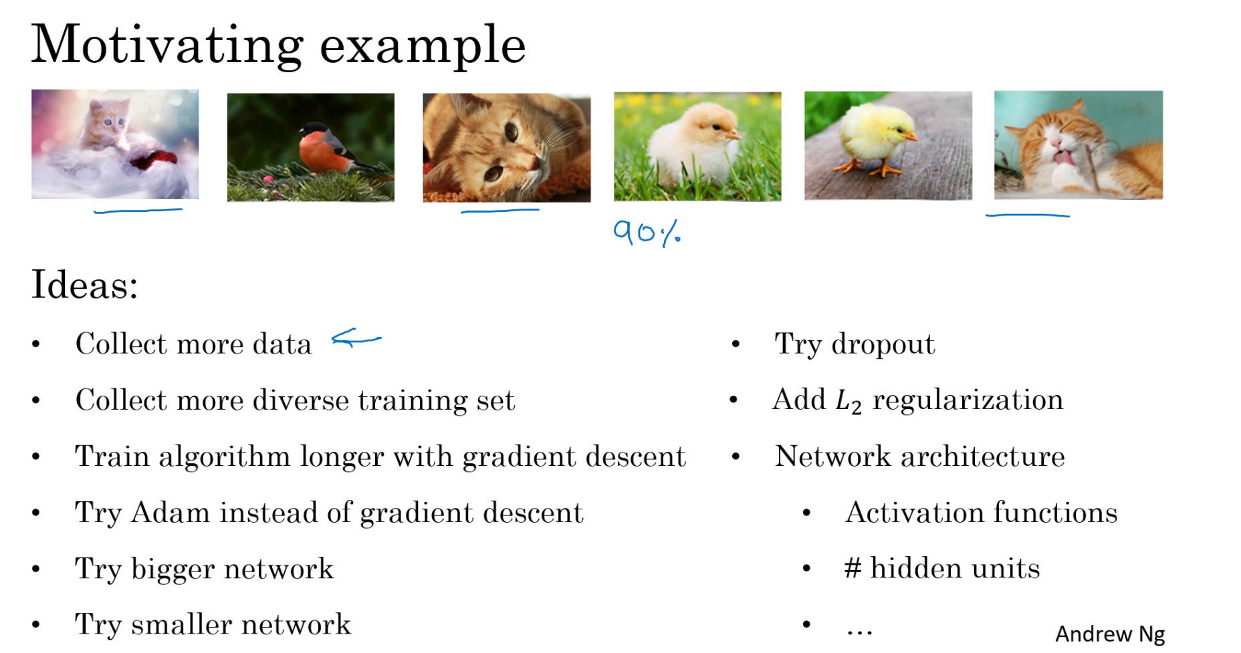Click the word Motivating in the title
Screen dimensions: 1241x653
tap(167, 45)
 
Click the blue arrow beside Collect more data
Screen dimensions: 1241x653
tap(356, 339)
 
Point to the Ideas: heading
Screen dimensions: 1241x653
tap(85, 285)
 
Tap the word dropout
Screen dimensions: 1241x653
tap(883, 345)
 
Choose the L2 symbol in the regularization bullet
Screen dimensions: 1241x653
tap(849, 401)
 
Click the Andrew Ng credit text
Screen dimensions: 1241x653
tap(1110, 634)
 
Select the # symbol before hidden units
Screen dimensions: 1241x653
tap(853, 568)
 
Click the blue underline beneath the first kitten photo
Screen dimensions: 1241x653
tap(138, 211)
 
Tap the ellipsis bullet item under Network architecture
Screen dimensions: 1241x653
tap(859, 630)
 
